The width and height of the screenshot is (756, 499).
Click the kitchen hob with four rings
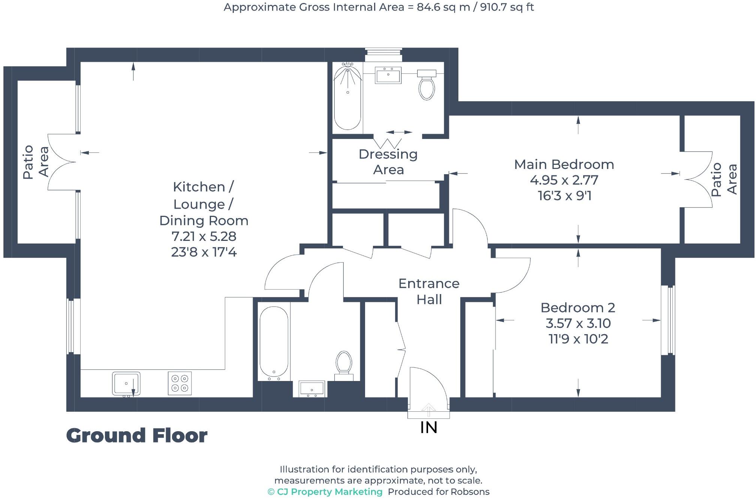coord(180,383)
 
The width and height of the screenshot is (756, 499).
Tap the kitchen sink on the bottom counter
coord(126,383)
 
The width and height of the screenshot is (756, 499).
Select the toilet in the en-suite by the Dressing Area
coord(427,86)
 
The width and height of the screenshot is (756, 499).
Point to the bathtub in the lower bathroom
coord(274,342)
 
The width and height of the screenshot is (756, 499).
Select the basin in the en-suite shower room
coord(388,76)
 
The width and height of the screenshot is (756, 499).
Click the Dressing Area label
coord(388,162)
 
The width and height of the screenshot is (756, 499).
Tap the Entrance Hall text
coord(429,291)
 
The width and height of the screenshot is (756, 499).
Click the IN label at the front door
coord(428,427)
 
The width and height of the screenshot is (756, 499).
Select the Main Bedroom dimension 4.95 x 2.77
coord(564,180)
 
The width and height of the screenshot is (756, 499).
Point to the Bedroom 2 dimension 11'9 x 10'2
coord(578,339)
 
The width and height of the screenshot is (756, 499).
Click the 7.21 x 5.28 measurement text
coord(204,236)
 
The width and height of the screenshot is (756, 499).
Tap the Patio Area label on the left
coord(36,162)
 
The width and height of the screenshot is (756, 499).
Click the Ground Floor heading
coord(137,436)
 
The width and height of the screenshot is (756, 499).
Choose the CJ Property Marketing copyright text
coord(325,492)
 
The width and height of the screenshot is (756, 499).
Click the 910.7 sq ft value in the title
coord(507,7)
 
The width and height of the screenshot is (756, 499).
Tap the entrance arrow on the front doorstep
coord(428,410)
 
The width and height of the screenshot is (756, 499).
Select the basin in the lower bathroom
coord(312,389)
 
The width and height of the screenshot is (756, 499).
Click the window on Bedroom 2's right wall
coord(668,320)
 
